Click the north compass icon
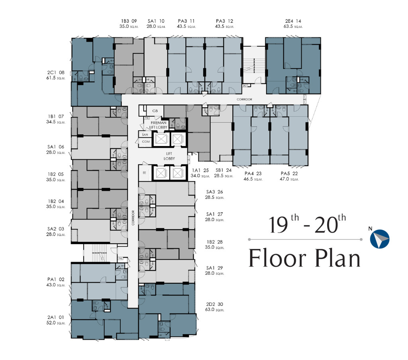click(x=379, y=239)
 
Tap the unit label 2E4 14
click(x=294, y=21)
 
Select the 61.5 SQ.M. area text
click(x=55, y=79)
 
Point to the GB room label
click(x=155, y=111)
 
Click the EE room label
click(x=144, y=173)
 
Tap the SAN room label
click(x=145, y=135)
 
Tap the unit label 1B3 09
click(x=129, y=21)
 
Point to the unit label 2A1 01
click(x=55, y=317)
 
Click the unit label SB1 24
click(x=224, y=170)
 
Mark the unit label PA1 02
click(x=55, y=280)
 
